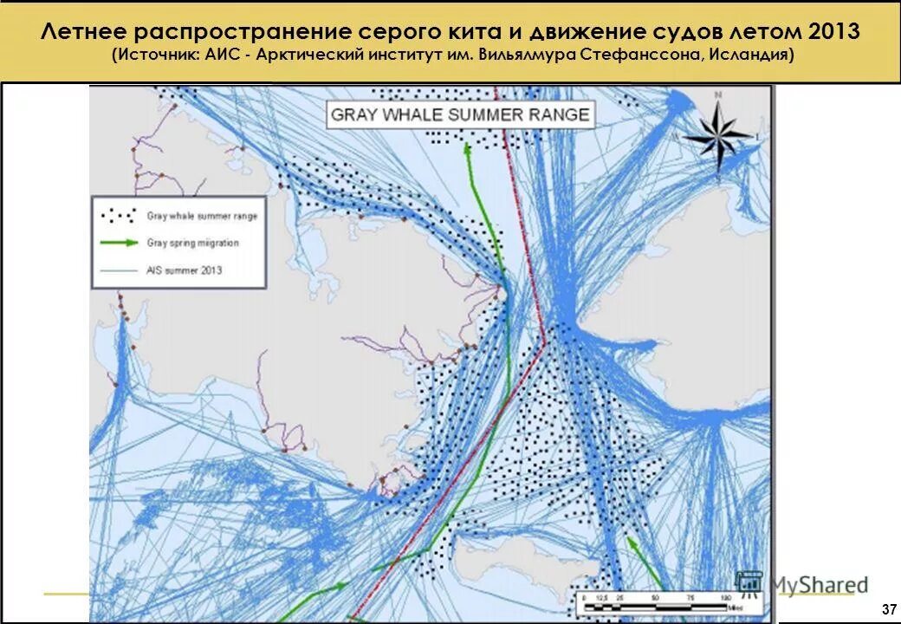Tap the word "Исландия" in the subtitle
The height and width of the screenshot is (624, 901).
748,55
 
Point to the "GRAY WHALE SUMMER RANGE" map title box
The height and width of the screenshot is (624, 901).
460,115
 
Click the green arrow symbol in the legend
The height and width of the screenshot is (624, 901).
119,243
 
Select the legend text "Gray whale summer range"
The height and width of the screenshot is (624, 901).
202,216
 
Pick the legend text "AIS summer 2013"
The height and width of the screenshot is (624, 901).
184,270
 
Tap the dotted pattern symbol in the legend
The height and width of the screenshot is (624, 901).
119,215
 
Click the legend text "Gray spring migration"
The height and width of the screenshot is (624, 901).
192,243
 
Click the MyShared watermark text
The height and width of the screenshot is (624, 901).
818,585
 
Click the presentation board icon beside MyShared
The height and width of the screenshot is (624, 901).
749,585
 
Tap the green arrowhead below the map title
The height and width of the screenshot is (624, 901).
468,146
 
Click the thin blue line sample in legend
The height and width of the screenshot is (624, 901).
119,270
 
